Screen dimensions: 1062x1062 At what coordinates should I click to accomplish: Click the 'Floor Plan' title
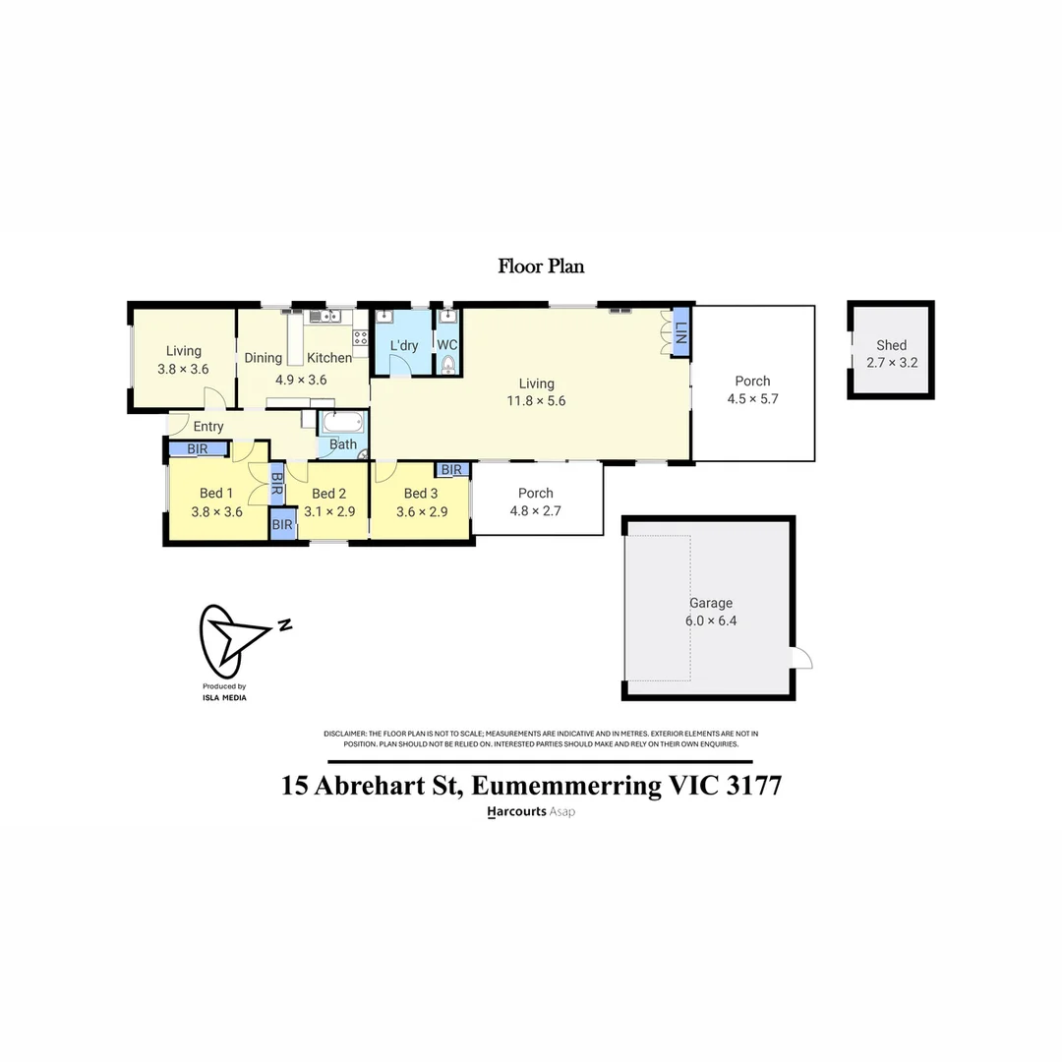click(x=541, y=265)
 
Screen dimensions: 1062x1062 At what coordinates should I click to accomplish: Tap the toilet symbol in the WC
click(x=448, y=366)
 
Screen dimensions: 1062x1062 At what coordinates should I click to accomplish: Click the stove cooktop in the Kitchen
click(x=360, y=337)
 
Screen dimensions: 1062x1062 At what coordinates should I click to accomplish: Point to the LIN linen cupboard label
click(x=680, y=332)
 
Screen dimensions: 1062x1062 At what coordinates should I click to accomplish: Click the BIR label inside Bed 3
click(x=451, y=470)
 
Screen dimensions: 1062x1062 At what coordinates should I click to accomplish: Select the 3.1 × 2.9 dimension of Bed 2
click(x=328, y=511)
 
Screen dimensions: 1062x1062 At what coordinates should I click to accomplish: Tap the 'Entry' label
click(x=208, y=427)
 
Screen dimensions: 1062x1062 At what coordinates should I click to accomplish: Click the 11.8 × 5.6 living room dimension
click(x=537, y=401)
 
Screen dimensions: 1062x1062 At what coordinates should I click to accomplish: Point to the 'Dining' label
click(x=263, y=358)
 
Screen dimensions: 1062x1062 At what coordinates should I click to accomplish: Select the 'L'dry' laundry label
click(x=404, y=346)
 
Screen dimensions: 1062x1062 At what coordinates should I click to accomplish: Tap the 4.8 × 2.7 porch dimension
click(x=536, y=510)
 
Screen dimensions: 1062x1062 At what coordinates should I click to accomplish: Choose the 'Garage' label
click(x=710, y=603)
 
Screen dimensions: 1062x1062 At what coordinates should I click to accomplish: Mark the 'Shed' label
click(x=892, y=345)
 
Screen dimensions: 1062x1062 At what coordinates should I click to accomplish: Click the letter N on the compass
click(x=284, y=624)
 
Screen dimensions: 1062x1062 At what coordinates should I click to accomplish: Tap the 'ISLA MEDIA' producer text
click(x=224, y=697)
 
